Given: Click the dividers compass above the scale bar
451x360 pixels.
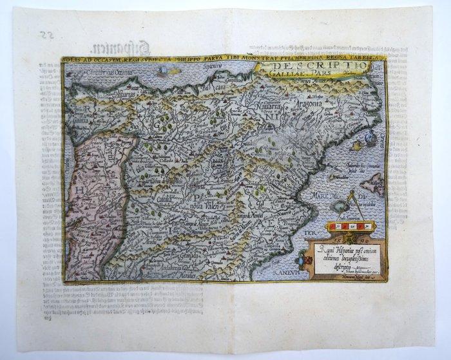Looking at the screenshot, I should tap(348, 206).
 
